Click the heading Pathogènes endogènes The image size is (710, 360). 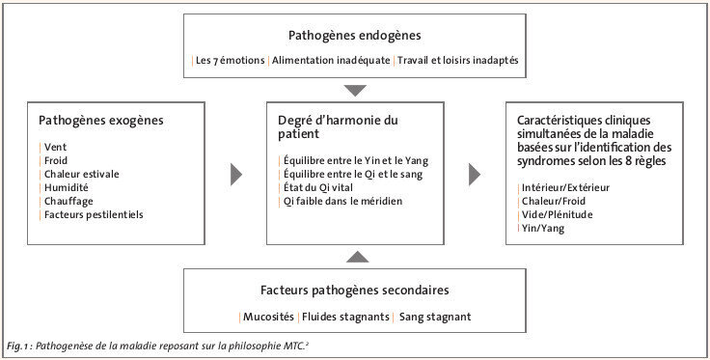coord(354,36)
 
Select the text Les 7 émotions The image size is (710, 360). coord(230,61)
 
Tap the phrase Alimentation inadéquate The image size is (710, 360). coord(331,61)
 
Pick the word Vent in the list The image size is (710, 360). coord(55,147)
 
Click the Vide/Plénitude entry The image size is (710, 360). coord(558,214)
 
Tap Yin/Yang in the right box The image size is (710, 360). coord(542,228)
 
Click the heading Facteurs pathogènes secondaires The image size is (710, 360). coord(354,289)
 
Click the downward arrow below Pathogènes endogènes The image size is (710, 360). coord(354,91)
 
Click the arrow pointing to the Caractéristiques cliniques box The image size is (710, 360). coord(475,174)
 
